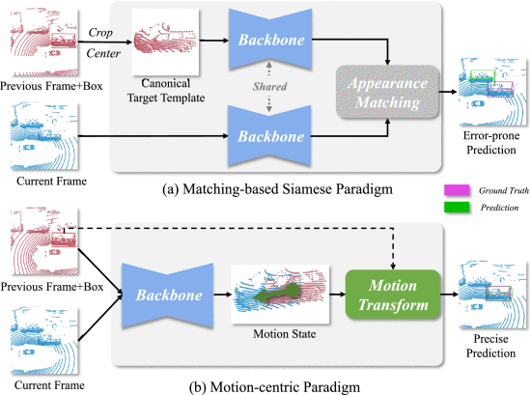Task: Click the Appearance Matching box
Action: coord(387,92)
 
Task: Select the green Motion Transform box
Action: coord(393,295)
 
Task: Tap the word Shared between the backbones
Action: coord(269,86)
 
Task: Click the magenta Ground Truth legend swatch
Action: coord(457,190)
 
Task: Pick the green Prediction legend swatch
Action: coord(457,207)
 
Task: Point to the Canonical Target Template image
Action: coord(165,42)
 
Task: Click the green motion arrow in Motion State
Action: coord(277,294)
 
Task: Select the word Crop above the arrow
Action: coord(100,32)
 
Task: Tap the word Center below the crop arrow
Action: coord(103,53)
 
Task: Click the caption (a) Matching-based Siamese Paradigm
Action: coord(277,188)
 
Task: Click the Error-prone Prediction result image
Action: coord(493,92)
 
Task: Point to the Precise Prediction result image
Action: coord(493,295)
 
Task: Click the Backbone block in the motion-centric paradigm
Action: coord(168,296)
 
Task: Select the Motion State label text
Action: coord(285,334)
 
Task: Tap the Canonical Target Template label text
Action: coord(166,91)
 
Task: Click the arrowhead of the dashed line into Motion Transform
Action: coord(393,267)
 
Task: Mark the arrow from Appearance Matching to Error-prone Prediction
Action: coord(449,92)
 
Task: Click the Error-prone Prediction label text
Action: coord(491,143)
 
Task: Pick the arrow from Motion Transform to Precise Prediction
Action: coord(449,294)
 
